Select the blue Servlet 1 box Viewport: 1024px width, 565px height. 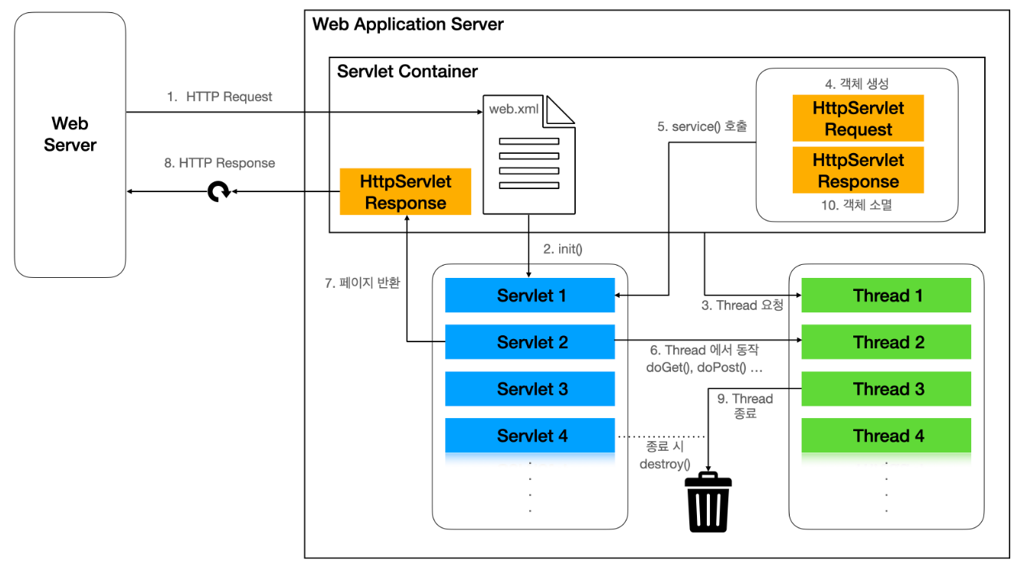point(530,296)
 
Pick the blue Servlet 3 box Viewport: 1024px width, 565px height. point(530,389)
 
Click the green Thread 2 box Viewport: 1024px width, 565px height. point(886,342)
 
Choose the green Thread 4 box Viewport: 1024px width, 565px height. point(886,436)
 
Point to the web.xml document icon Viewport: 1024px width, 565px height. point(528,154)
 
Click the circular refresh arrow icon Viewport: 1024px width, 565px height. point(220,191)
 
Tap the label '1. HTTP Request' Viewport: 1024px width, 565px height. point(220,97)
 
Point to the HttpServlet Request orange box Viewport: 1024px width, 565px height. point(858,119)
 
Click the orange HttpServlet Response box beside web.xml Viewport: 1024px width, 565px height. point(405,192)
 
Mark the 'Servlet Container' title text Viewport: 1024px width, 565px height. point(407,72)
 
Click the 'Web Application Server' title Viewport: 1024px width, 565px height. point(408,24)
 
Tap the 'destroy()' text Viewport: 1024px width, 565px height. point(665,463)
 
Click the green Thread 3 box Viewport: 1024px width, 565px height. point(886,389)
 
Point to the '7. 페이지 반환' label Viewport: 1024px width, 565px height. point(362,282)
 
